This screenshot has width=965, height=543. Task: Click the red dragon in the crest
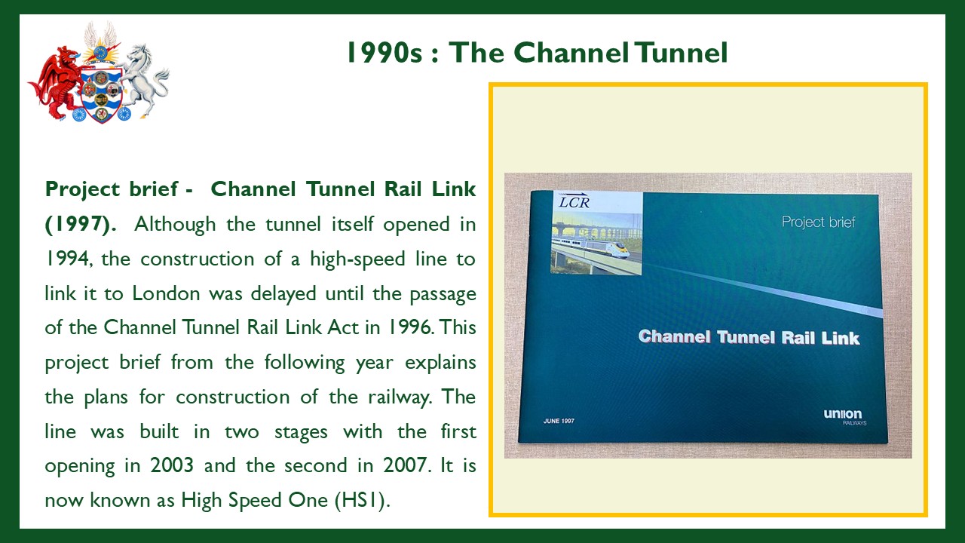(x=56, y=82)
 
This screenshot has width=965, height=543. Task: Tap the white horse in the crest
(x=144, y=80)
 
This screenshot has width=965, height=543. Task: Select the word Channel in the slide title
(x=571, y=53)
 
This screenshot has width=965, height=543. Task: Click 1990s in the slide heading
(x=384, y=53)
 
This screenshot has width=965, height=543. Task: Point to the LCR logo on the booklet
(x=574, y=201)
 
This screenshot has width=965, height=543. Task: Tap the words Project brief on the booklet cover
(x=818, y=222)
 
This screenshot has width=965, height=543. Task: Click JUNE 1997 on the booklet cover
(x=559, y=421)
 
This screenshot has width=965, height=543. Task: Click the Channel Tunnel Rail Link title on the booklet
(x=749, y=337)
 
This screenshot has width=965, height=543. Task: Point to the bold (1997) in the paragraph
(x=81, y=224)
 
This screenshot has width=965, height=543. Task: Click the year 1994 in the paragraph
(x=68, y=259)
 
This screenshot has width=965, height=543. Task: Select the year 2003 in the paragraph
(x=172, y=465)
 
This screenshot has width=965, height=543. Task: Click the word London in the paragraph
(x=166, y=293)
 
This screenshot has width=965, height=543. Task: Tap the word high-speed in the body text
(x=357, y=259)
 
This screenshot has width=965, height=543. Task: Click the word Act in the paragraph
(x=343, y=327)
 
